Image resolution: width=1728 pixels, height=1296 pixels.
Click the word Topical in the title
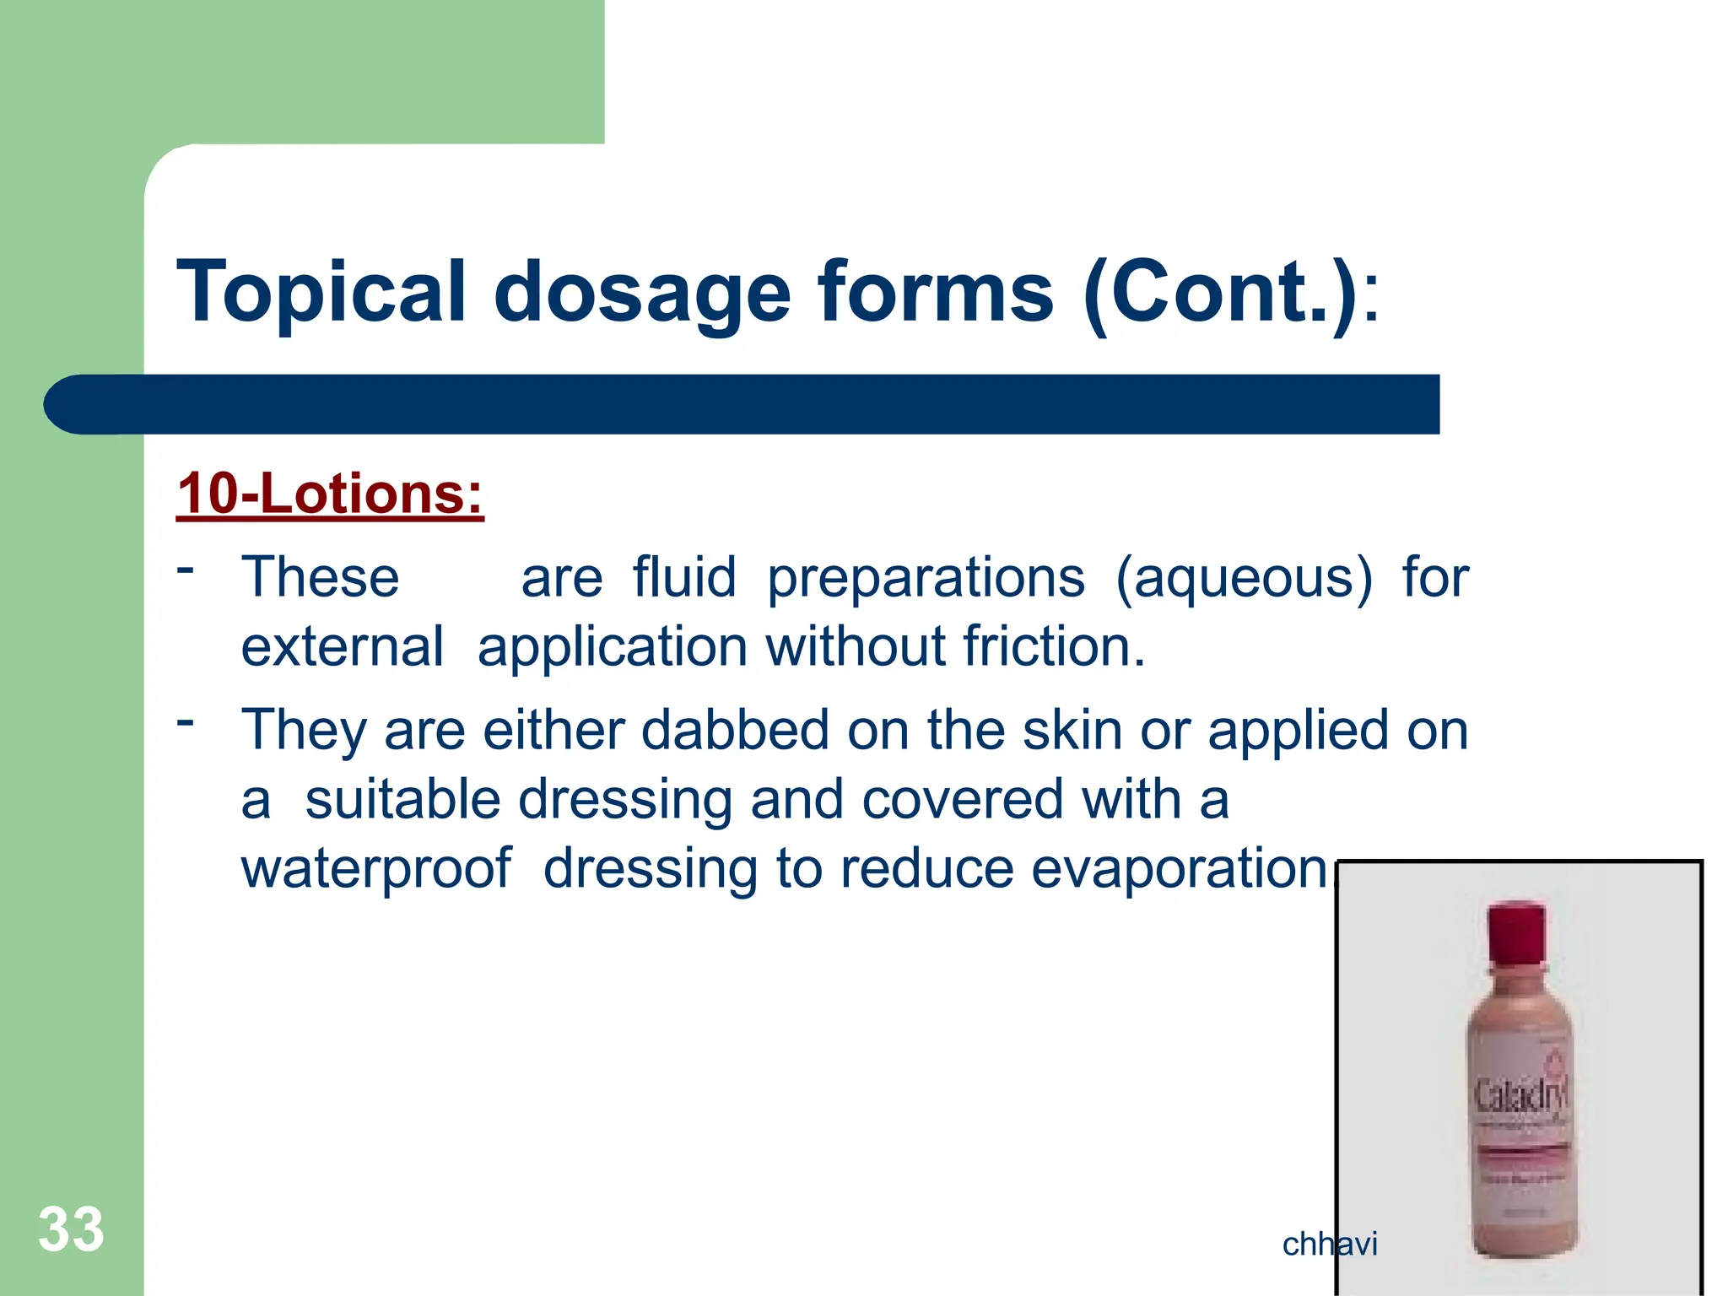click(321, 293)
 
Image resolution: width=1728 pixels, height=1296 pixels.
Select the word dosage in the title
click(641, 293)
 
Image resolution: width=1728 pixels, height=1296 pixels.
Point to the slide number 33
click(71, 1229)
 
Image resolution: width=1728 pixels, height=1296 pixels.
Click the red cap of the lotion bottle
click(1516, 932)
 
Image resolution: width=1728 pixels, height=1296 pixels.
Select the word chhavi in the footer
click(1329, 1244)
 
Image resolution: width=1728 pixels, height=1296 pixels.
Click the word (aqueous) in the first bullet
click(1244, 579)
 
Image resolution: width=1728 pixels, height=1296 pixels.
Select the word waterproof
click(375, 868)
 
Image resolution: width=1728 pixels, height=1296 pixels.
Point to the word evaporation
click(1180, 868)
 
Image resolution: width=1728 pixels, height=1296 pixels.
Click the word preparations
click(926, 579)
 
